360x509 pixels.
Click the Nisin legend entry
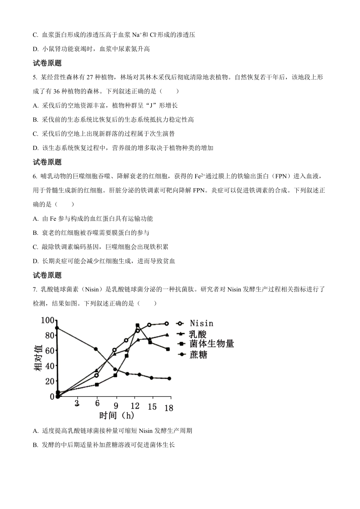(x=201, y=323)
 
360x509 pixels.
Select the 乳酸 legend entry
(x=198, y=334)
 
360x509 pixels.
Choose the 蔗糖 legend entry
(x=198, y=354)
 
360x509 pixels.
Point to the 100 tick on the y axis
(x=48, y=321)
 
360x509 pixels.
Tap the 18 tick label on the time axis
(x=169, y=408)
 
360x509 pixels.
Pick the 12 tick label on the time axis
(x=135, y=406)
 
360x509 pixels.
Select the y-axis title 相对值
(x=38, y=358)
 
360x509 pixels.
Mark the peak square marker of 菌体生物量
(x=137, y=325)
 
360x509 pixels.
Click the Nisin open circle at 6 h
(x=96, y=375)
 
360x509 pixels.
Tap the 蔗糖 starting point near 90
(x=57, y=328)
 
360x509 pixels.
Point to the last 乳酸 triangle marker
(x=167, y=335)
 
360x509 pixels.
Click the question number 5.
(x=34, y=77)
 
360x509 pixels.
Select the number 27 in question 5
(x=90, y=77)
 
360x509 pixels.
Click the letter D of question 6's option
(x=35, y=261)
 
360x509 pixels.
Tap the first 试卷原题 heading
(x=47, y=63)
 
